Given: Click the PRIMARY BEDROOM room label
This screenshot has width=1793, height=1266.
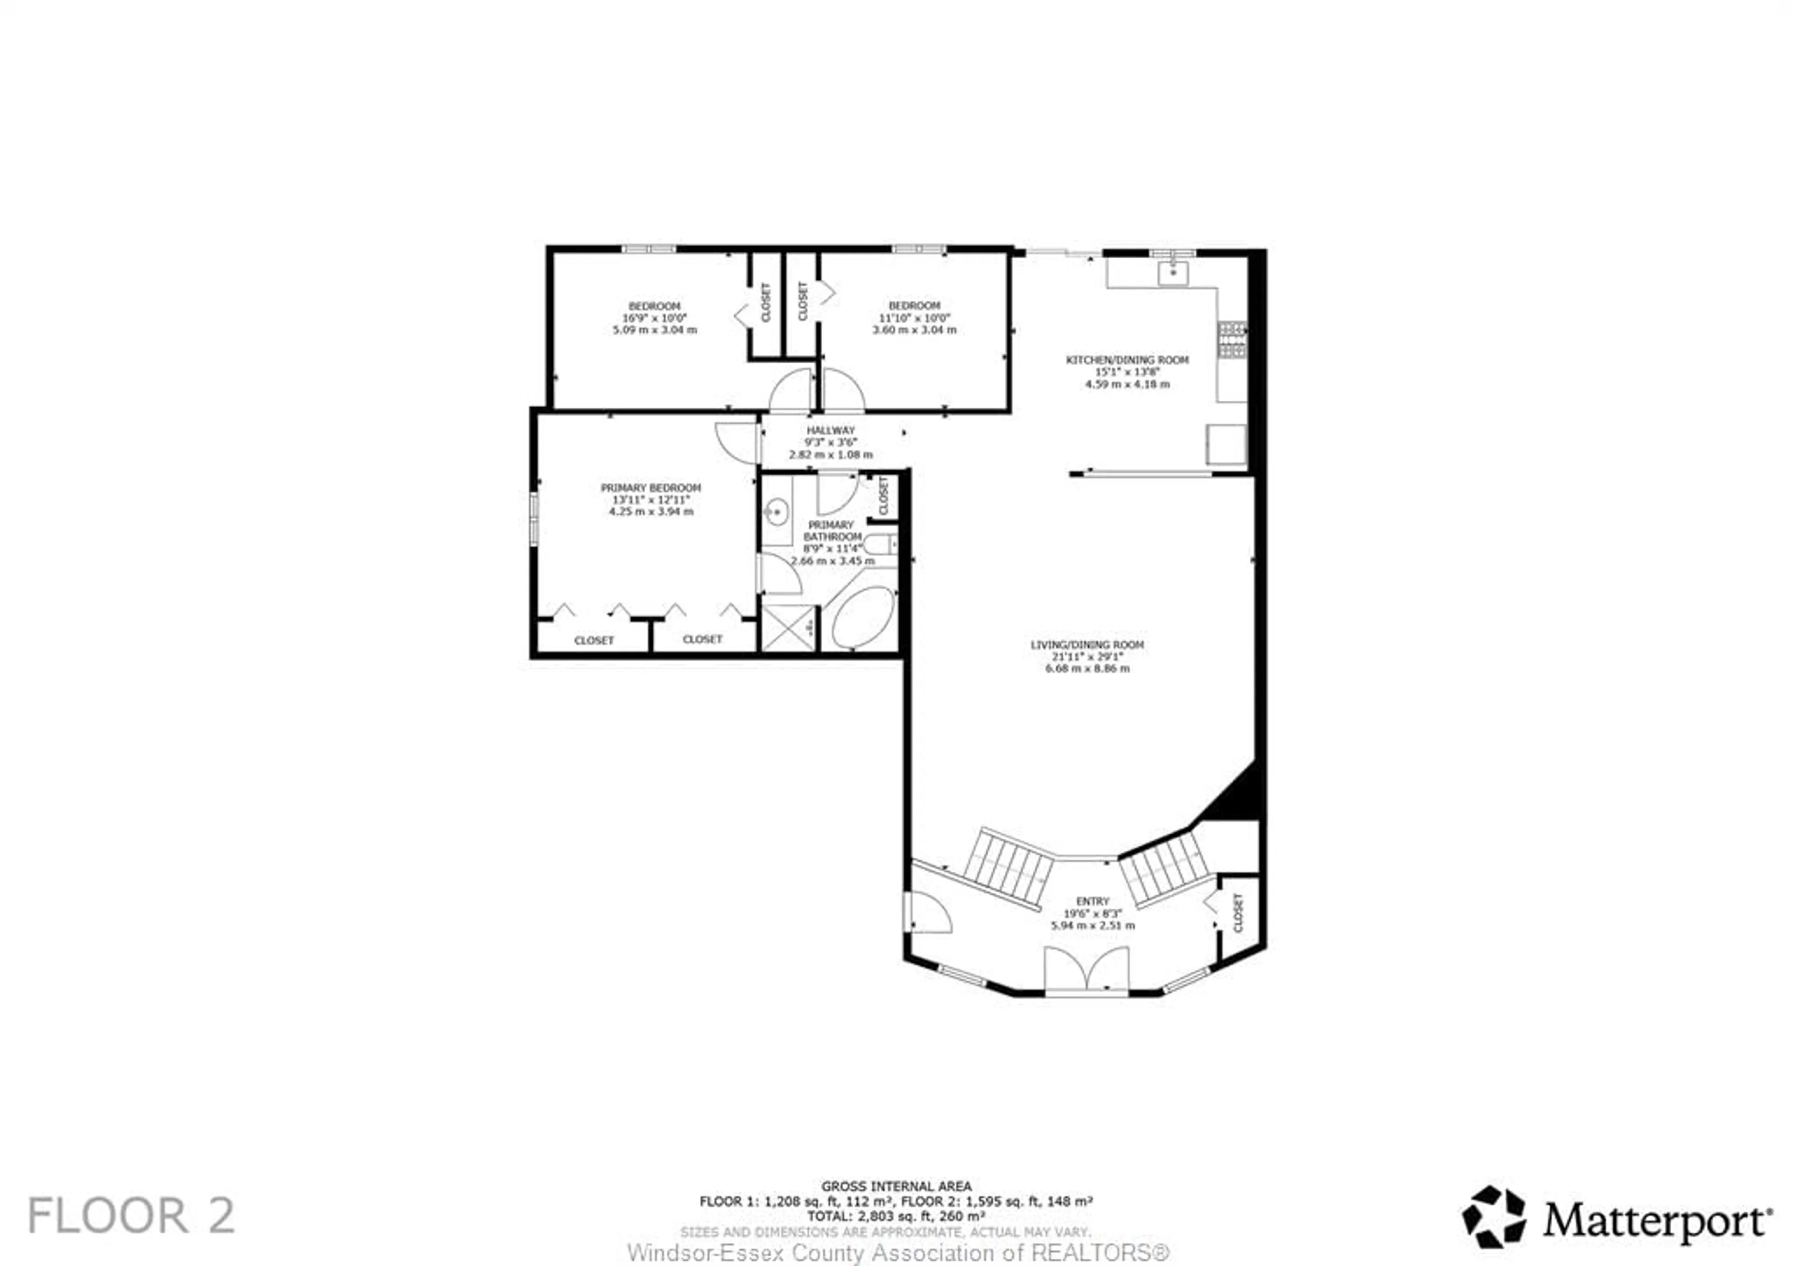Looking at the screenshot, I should pos(650,488).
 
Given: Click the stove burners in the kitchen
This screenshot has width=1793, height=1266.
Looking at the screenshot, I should pos(1232,340).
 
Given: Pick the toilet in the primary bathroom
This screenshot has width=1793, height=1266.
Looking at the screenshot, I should pos(881,544).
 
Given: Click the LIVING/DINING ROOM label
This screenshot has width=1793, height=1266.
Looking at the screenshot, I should pos(1087,644).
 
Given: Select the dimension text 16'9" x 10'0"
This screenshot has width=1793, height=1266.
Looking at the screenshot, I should pos(655,318).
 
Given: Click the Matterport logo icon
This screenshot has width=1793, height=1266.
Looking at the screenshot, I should pos(1493,1217).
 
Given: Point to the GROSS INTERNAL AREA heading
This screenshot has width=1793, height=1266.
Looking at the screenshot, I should pos(896,1186).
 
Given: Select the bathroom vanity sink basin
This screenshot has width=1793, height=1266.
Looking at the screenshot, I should pos(776,513).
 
